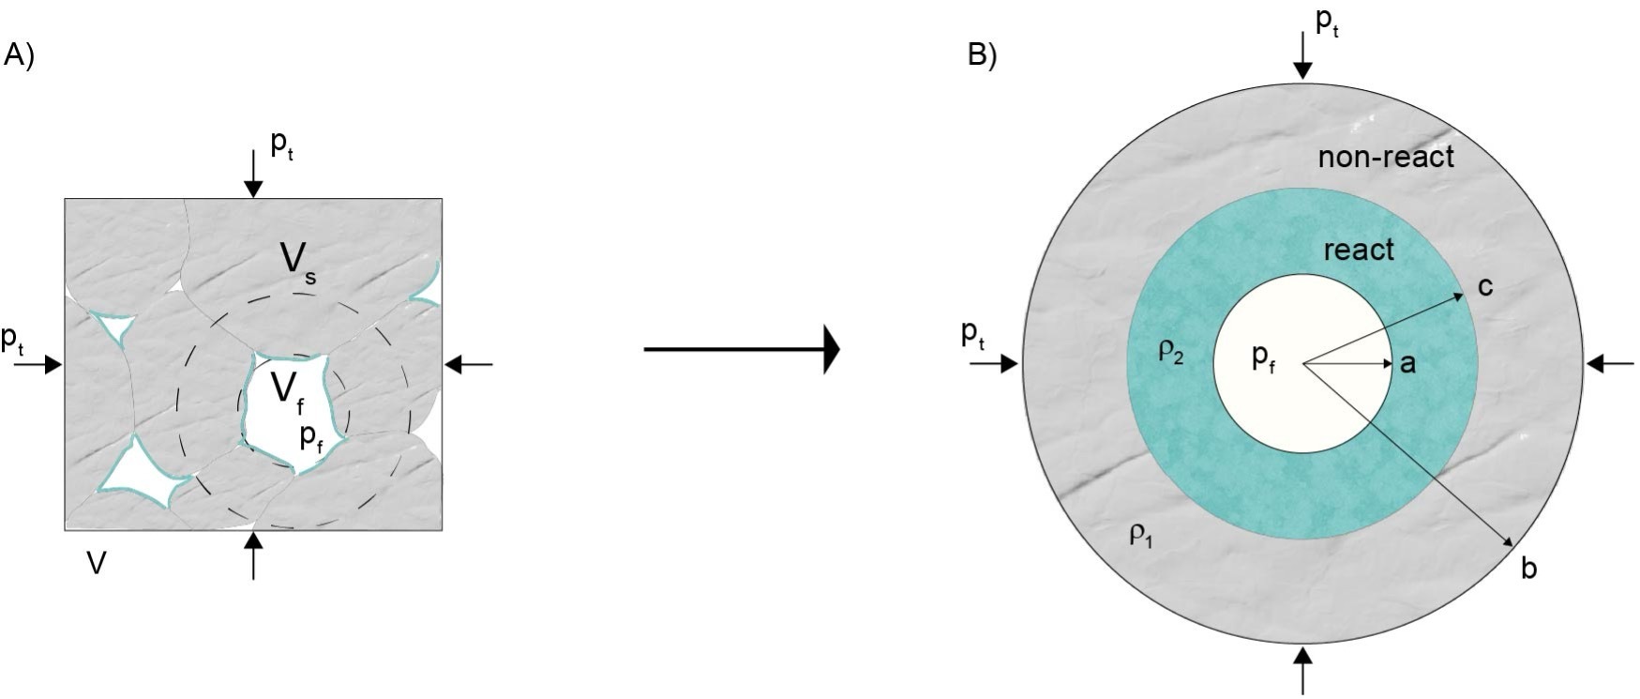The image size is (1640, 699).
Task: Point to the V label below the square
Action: (96, 562)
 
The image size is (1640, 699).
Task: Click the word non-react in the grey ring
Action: (1385, 157)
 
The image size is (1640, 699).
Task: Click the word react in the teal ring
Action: (1358, 250)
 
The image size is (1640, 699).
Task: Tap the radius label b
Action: (1527, 568)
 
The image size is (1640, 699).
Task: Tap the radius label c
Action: (1485, 286)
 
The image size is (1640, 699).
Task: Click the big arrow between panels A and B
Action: (741, 350)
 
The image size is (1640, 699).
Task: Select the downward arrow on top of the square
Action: (252, 175)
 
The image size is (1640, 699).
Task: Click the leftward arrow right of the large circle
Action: (1610, 362)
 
